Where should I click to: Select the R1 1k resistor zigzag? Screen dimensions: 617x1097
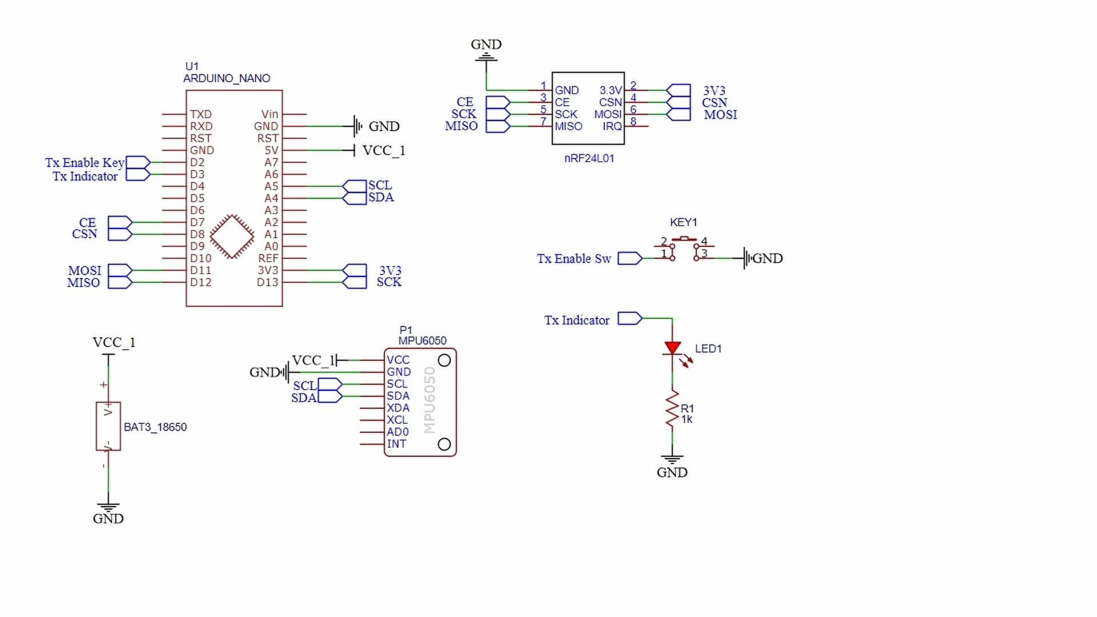point(672,408)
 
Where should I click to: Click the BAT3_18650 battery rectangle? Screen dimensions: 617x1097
point(108,426)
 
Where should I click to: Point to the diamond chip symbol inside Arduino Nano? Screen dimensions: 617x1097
point(232,237)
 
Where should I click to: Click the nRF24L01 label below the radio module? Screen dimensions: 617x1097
point(589,158)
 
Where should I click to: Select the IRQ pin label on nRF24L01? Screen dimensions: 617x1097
point(612,126)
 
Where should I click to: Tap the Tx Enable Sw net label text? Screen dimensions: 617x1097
point(574,259)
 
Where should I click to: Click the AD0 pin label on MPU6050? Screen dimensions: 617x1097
point(398,432)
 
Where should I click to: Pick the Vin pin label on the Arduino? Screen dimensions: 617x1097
point(270,114)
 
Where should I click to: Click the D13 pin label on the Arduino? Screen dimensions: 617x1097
point(267,282)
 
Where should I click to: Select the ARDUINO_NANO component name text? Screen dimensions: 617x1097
point(226,78)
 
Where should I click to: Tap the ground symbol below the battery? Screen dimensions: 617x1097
point(108,507)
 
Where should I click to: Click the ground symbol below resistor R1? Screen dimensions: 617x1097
point(672,459)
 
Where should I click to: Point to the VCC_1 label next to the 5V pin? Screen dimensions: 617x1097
point(383,150)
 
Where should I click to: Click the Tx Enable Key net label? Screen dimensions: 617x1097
point(85,163)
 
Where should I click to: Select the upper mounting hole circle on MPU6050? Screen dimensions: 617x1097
point(444,360)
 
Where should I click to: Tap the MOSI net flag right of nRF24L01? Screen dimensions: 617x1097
point(679,114)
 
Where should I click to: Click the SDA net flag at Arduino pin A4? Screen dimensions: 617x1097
point(355,198)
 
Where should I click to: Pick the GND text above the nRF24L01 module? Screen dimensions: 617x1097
point(486,44)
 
